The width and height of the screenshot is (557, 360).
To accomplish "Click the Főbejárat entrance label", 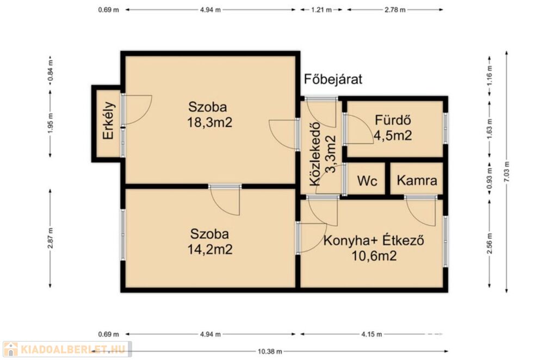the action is [333, 79].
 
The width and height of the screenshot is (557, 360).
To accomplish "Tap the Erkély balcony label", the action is [108, 121].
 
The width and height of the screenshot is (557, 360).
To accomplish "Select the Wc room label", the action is [367, 181].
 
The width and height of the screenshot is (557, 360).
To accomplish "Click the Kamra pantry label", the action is [417, 181].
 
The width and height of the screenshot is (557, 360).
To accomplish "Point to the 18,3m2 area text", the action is [209, 122].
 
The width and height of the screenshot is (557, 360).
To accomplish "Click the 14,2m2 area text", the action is [210, 249].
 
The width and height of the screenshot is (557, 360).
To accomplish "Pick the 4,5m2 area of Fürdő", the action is [393, 135].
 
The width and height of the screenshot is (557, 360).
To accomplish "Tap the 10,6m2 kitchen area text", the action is [374, 256].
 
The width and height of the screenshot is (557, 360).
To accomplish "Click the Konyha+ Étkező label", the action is [374, 240].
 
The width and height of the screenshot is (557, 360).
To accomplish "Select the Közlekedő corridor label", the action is [315, 154].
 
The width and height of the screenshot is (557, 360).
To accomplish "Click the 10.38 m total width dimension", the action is [270, 351].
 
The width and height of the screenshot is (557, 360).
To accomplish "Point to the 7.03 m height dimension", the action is [506, 172].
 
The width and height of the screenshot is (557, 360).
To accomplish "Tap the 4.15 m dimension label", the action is [372, 334].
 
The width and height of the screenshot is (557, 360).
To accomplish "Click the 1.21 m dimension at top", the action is [321, 10].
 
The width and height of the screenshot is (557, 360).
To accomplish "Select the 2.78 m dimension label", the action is [395, 10].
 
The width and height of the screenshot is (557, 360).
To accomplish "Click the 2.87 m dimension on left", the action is [50, 238].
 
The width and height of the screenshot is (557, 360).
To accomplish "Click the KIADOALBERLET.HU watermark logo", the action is [67, 349].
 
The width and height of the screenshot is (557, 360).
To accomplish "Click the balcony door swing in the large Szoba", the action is [137, 109].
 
